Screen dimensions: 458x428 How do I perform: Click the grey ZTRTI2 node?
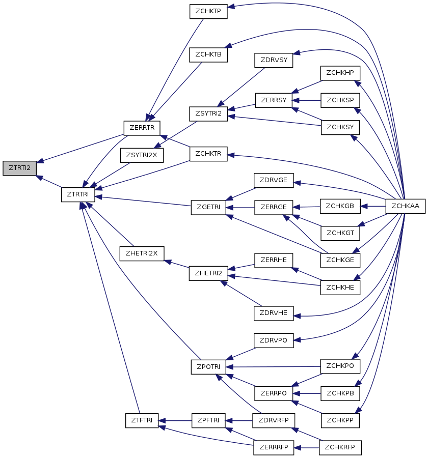(19, 168)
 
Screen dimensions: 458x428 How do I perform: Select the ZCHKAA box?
(406, 206)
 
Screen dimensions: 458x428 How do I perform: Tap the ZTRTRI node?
(78, 194)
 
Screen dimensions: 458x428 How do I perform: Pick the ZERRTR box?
(142, 128)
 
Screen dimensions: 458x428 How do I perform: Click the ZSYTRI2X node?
(142, 155)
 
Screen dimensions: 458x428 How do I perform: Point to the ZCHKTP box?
(208, 12)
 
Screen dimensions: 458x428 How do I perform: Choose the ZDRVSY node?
(274, 60)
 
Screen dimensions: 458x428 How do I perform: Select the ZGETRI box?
(208, 208)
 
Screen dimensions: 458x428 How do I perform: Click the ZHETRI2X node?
(142, 253)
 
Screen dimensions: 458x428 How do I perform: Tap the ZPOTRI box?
(208, 367)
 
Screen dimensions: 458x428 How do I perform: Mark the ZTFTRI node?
(142, 420)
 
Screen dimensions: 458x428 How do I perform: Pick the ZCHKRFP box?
(340, 448)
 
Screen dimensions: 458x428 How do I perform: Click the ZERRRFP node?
(274, 448)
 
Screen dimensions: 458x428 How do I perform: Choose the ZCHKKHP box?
(340, 73)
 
